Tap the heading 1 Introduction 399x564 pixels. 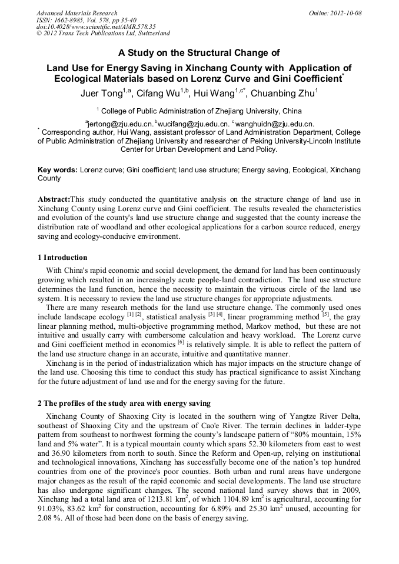tap(62, 258)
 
